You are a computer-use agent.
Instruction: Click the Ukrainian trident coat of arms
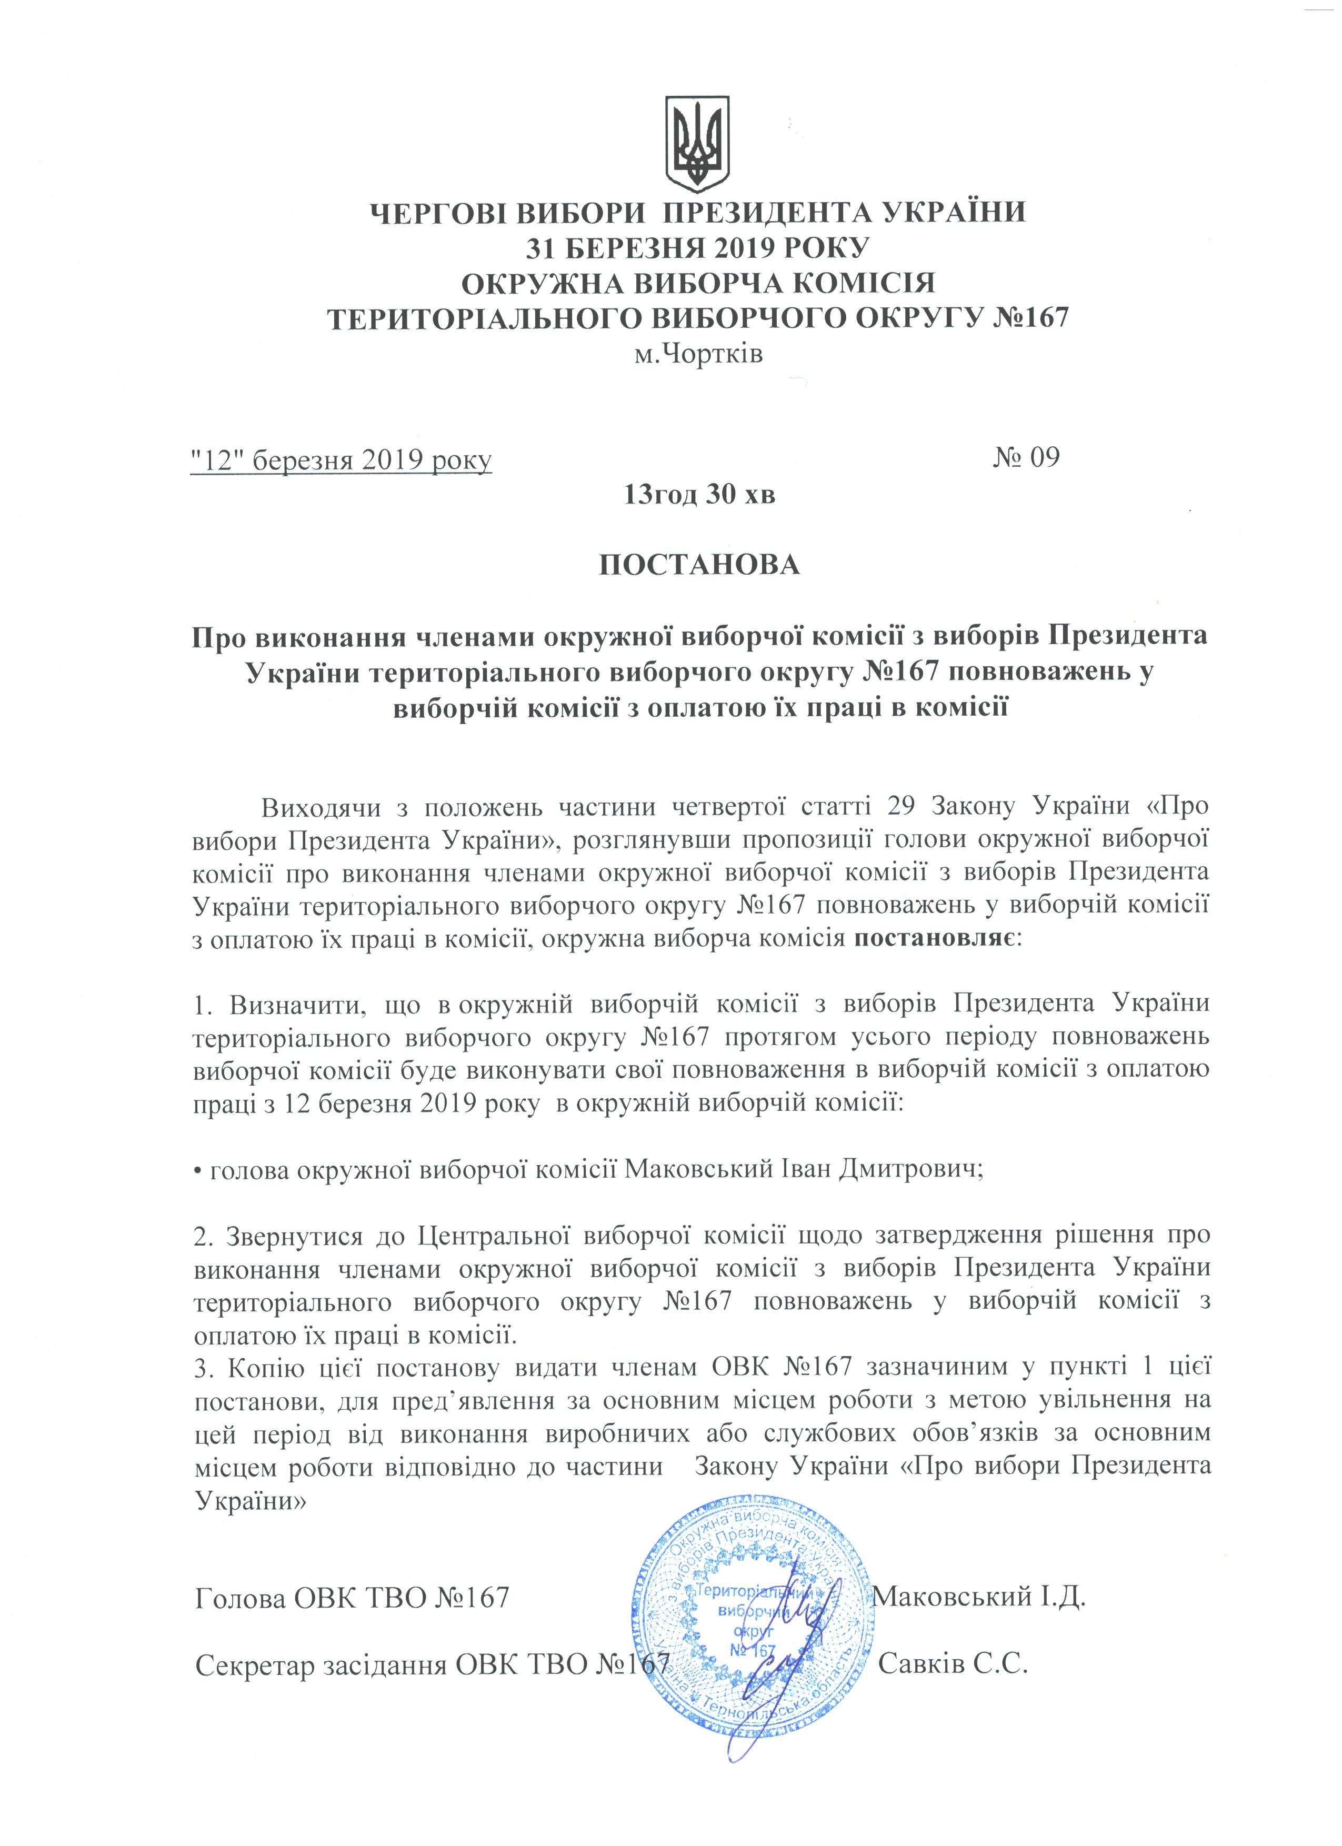click(x=697, y=143)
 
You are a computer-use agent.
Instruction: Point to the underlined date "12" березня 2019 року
click(x=341, y=460)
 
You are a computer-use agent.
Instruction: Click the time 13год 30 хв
click(x=699, y=494)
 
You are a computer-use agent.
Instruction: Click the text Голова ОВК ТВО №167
click(x=352, y=1598)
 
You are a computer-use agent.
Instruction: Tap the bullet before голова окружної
click(x=198, y=1171)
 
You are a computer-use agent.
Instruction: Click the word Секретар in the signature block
click(x=255, y=1666)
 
